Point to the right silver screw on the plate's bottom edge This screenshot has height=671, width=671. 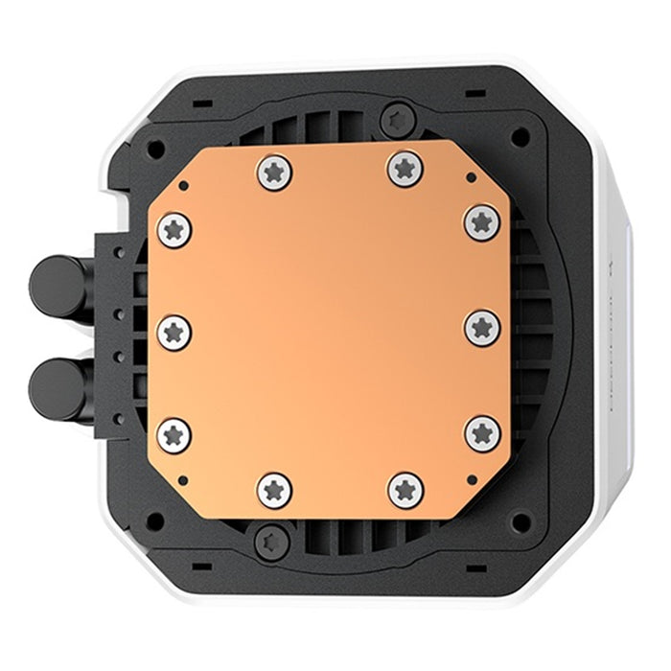coord(405,490)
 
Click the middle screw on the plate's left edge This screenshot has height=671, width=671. coord(175,331)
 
